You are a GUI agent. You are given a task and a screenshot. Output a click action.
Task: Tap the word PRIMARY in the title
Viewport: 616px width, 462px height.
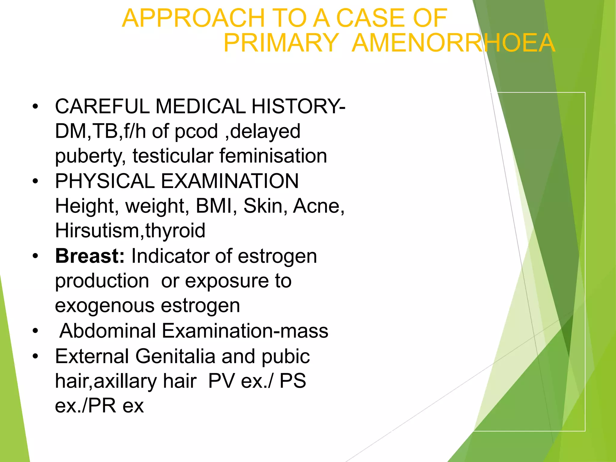tap(281, 43)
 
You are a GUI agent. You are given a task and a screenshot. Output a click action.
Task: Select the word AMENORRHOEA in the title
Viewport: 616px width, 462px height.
tap(453, 43)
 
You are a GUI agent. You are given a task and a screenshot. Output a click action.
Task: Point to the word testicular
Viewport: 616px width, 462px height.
tap(173, 156)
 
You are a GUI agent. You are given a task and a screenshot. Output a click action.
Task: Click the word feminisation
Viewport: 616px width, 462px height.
tap(273, 156)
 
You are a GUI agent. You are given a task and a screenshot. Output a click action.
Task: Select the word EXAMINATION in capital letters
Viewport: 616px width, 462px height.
tap(230, 181)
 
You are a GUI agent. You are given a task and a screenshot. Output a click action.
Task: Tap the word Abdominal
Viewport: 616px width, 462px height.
tap(108, 331)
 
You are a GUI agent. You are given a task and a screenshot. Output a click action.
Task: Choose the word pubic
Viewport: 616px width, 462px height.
tap(286, 357)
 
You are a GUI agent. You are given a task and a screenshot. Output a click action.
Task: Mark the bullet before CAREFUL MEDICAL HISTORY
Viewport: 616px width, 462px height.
tap(35, 106)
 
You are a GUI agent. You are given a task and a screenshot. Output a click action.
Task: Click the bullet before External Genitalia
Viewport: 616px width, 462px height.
tap(35, 356)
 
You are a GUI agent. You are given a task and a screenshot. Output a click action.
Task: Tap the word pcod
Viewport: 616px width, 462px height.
tap(196, 131)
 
